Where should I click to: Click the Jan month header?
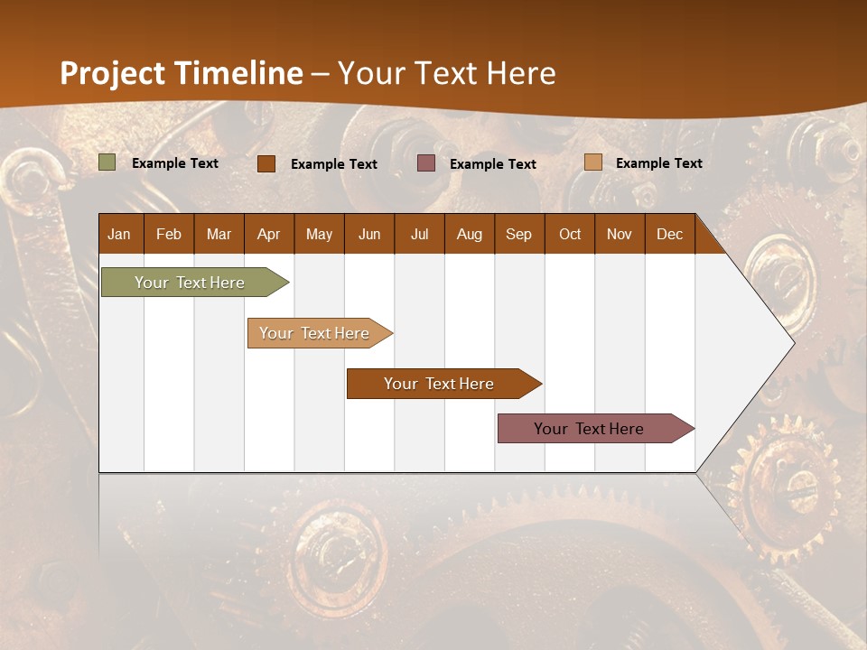(x=120, y=234)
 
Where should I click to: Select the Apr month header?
(x=268, y=234)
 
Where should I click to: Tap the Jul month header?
(x=419, y=234)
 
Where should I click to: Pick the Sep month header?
(x=518, y=234)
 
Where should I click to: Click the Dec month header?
(x=669, y=234)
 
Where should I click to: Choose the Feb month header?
(x=169, y=234)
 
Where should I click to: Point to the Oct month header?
(x=570, y=234)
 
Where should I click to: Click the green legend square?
(x=107, y=162)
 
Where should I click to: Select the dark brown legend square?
(x=266, y=163)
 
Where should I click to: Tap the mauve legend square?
(x=426, y=163)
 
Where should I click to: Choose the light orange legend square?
(x=592, y=162)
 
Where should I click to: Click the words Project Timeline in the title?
(x=181, y=73)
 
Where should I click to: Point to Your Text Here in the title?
(x=447, y=73)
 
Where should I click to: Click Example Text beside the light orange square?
(x=658, y=163)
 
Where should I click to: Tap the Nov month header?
(x=620, y=234)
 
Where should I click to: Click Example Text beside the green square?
(x=175, y=163)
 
